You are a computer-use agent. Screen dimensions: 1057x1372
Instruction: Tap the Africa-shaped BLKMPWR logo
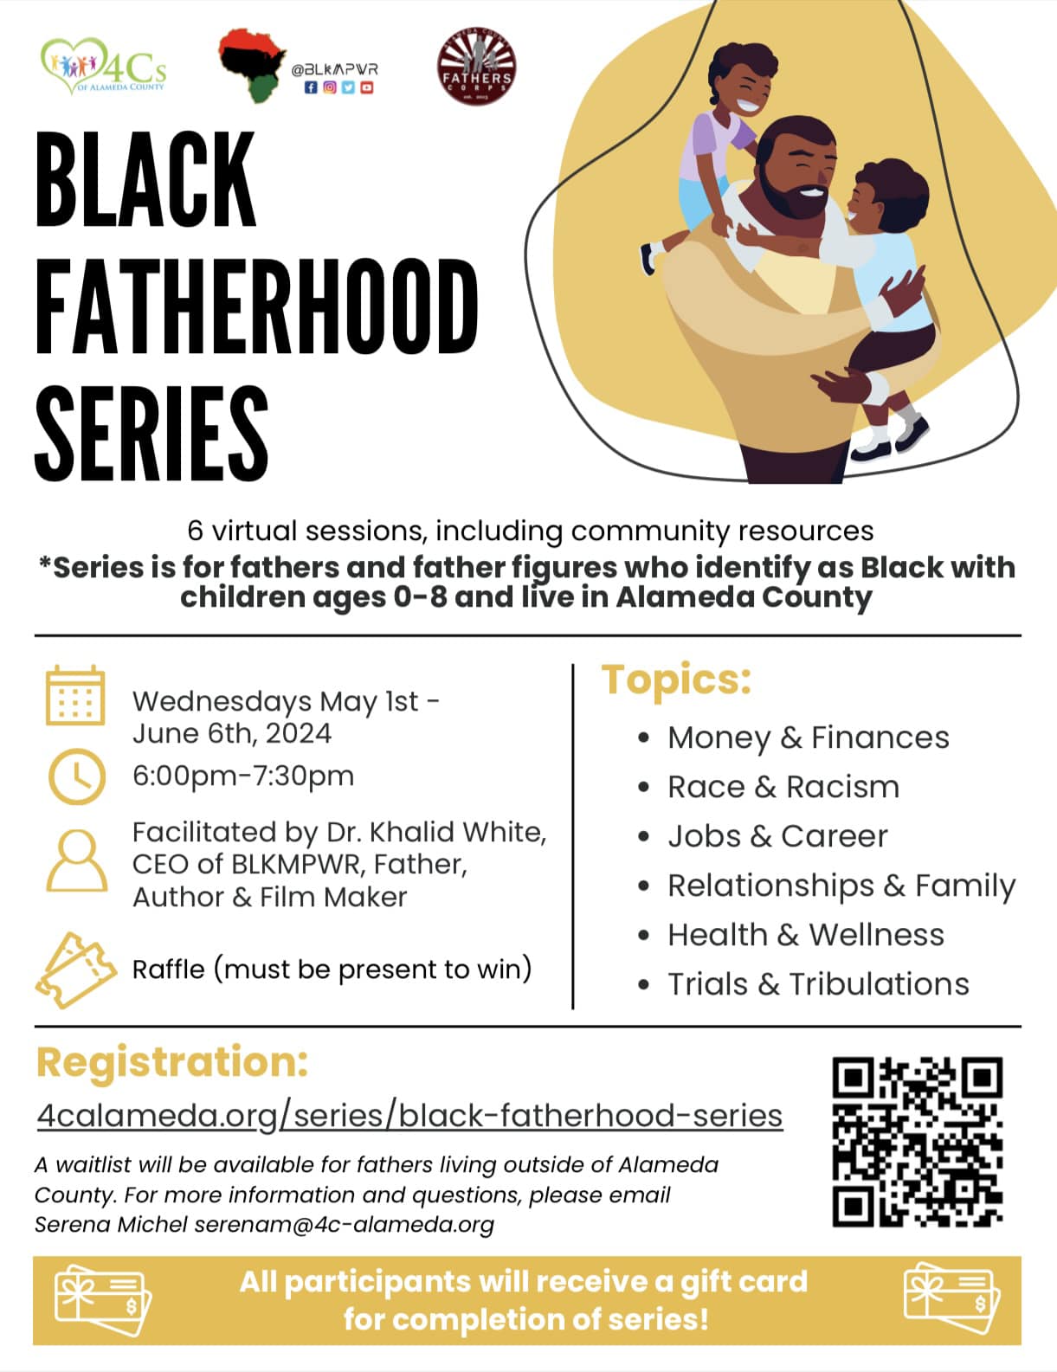click(252, 65)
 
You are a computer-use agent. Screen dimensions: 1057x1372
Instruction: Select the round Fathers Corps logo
click(477, 66)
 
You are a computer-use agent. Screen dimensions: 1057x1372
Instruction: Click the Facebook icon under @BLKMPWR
click(311, 87)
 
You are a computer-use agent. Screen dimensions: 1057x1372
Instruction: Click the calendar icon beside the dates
click(75, 695)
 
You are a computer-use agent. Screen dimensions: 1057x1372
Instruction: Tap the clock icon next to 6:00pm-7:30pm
click(77, 776)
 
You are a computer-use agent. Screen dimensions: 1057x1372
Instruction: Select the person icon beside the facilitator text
click(77, 860)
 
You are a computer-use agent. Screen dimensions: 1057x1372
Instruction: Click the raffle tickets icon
click(76, 969)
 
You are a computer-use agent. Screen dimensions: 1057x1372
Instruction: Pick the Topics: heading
click(676, 680)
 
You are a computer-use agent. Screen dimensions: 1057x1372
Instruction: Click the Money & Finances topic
click(809, 738)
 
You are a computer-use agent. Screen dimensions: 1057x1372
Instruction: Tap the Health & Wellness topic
click(806, 935)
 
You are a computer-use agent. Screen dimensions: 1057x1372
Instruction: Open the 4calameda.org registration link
click(409, 1117)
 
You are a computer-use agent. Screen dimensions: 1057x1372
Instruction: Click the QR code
click(917, 1142)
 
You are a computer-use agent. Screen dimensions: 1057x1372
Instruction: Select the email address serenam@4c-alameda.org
click(345, 1225)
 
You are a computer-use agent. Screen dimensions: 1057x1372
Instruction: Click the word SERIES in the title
click(151, 435)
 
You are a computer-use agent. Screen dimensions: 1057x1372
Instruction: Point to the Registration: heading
click(172, 1063)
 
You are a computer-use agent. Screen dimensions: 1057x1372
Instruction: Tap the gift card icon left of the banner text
click(103, 1301)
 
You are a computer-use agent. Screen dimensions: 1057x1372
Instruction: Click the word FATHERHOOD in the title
click(257, 306)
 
